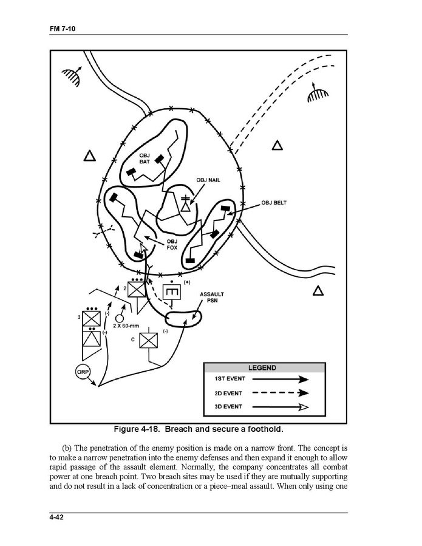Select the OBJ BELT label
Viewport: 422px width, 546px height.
(274, 203)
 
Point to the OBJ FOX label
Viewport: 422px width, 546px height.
(172, 244)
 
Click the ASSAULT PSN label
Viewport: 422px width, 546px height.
(212, 298)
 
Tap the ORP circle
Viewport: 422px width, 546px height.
(83, 370)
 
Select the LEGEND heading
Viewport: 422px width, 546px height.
(262, 367)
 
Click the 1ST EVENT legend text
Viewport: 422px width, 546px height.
(228, 378)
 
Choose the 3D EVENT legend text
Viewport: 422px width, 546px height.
(228, 407)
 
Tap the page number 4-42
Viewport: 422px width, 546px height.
(59, 517)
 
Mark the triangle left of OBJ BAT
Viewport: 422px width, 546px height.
(90, 156)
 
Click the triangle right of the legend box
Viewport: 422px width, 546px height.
(318, 291)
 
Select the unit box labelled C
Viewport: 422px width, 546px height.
(148, 340)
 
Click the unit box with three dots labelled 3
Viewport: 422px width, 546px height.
(91, 318)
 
